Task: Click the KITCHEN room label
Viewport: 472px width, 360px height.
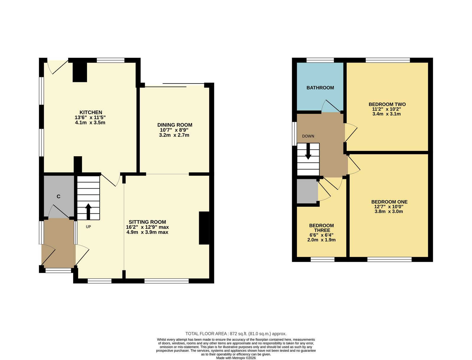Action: (x=91, y=112)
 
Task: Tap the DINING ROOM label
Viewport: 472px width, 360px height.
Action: (x=175, y=125)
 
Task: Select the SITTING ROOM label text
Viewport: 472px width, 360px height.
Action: (x=147, y=222)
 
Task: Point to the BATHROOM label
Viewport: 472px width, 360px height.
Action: (x=320, y=88)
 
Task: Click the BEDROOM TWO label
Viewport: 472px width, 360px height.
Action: (x=387, y=104)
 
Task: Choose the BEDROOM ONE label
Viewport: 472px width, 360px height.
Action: (x=389, y=202)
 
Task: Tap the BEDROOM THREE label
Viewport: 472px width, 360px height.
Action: (x=322, y=228)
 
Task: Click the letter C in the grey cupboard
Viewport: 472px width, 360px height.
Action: (x=58, y=196)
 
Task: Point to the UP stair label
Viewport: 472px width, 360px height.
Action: (x=88, y=226)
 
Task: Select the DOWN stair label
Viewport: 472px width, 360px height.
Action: (x=308, y=136)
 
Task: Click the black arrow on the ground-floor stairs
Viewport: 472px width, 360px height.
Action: (x=88, y=211)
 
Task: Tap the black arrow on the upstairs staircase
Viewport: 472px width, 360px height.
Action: (x=308, y=151)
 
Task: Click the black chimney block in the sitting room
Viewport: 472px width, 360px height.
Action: (x=204, y=228)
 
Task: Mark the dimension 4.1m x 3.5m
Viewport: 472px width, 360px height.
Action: (x=90, y=123)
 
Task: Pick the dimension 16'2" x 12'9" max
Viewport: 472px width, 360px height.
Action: (x=147, y=227)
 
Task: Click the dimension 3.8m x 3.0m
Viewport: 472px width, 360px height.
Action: (x=389, y=211)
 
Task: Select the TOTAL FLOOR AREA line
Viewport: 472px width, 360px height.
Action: (x=236, y=333)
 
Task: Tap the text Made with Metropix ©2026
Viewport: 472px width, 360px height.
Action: (x=236, y=358)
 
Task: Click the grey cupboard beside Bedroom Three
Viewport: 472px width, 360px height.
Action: (x=307, y=191)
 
